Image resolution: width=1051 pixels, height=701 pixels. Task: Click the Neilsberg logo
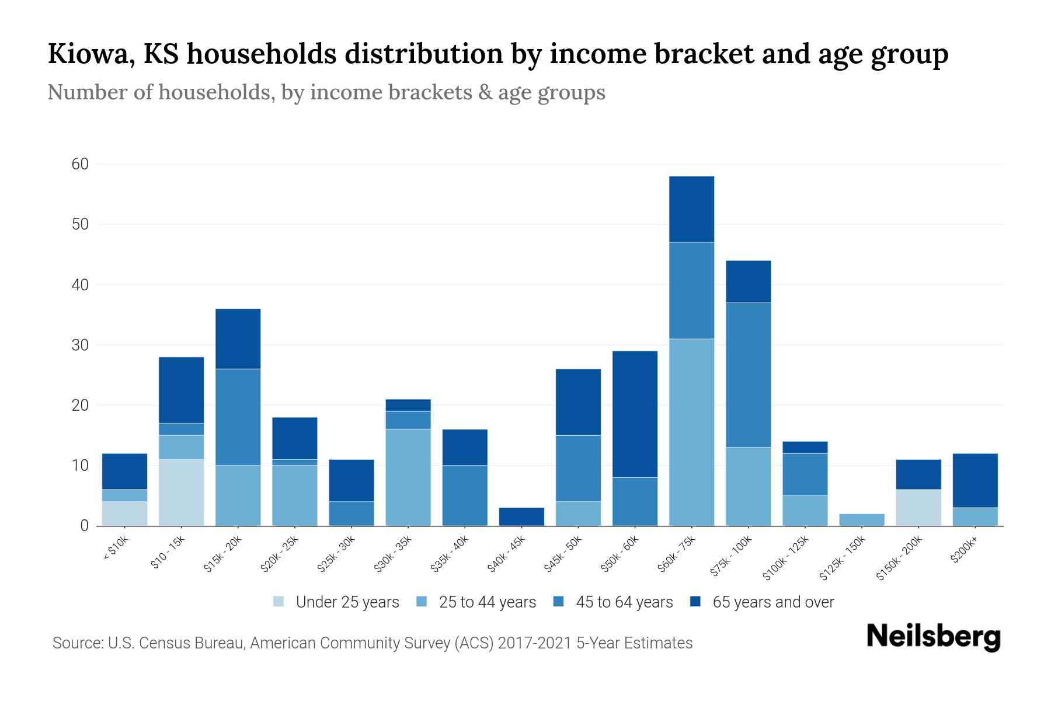[x=933, y=637]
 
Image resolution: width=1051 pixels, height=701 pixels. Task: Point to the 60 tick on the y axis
[x=80, y=164]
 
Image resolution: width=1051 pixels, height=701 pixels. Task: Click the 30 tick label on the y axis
[x=80, y=345]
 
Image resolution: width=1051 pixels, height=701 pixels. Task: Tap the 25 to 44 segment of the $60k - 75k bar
[x=691, y=432]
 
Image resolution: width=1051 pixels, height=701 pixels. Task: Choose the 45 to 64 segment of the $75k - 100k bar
[x=748, y=374]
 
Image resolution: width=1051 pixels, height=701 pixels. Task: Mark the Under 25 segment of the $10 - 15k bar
[x=181, y=492]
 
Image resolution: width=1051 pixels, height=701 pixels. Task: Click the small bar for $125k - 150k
[x=861, y=519]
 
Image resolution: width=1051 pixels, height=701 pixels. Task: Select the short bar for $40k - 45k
[x=521, y=516]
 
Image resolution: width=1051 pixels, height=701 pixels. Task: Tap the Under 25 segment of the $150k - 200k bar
[x=918, y=507]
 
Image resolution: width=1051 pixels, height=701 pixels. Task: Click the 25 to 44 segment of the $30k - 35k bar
[x=408, y=477]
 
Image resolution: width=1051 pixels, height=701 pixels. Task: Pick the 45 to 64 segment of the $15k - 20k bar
[x=238, y=417]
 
